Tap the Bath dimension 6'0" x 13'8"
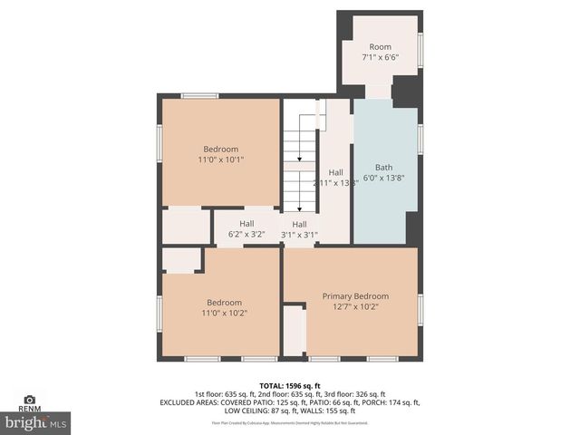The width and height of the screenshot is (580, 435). (x=384, y=179)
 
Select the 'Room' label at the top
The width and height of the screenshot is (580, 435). (x=381, y=46)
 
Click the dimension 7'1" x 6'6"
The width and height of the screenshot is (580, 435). (x=381, y=57)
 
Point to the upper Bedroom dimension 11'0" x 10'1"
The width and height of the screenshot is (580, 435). (x=221, y=160)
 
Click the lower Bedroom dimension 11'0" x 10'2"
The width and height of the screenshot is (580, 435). (x=224, y=314)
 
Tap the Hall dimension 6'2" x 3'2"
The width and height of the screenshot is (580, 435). (x=246, y=235)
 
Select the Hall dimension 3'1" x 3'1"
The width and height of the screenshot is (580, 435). (x=299, y=235)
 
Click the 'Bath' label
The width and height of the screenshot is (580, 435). (x=384, y=168)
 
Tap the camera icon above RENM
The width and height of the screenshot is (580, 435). (x=29, y=399)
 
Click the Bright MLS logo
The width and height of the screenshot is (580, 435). (x=36, y=422)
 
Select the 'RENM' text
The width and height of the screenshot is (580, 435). (x=29, y=409)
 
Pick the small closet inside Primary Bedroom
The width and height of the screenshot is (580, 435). (x=295, y=331)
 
